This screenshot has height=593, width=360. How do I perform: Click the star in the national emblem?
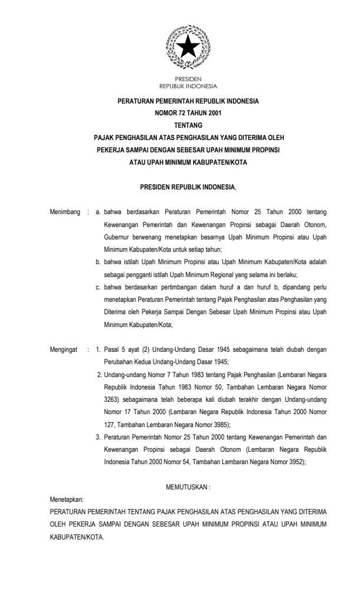coord(188,46)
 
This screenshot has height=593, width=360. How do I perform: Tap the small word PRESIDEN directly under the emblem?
coord(188,78)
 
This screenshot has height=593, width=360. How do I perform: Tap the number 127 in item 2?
coord(109,424)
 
